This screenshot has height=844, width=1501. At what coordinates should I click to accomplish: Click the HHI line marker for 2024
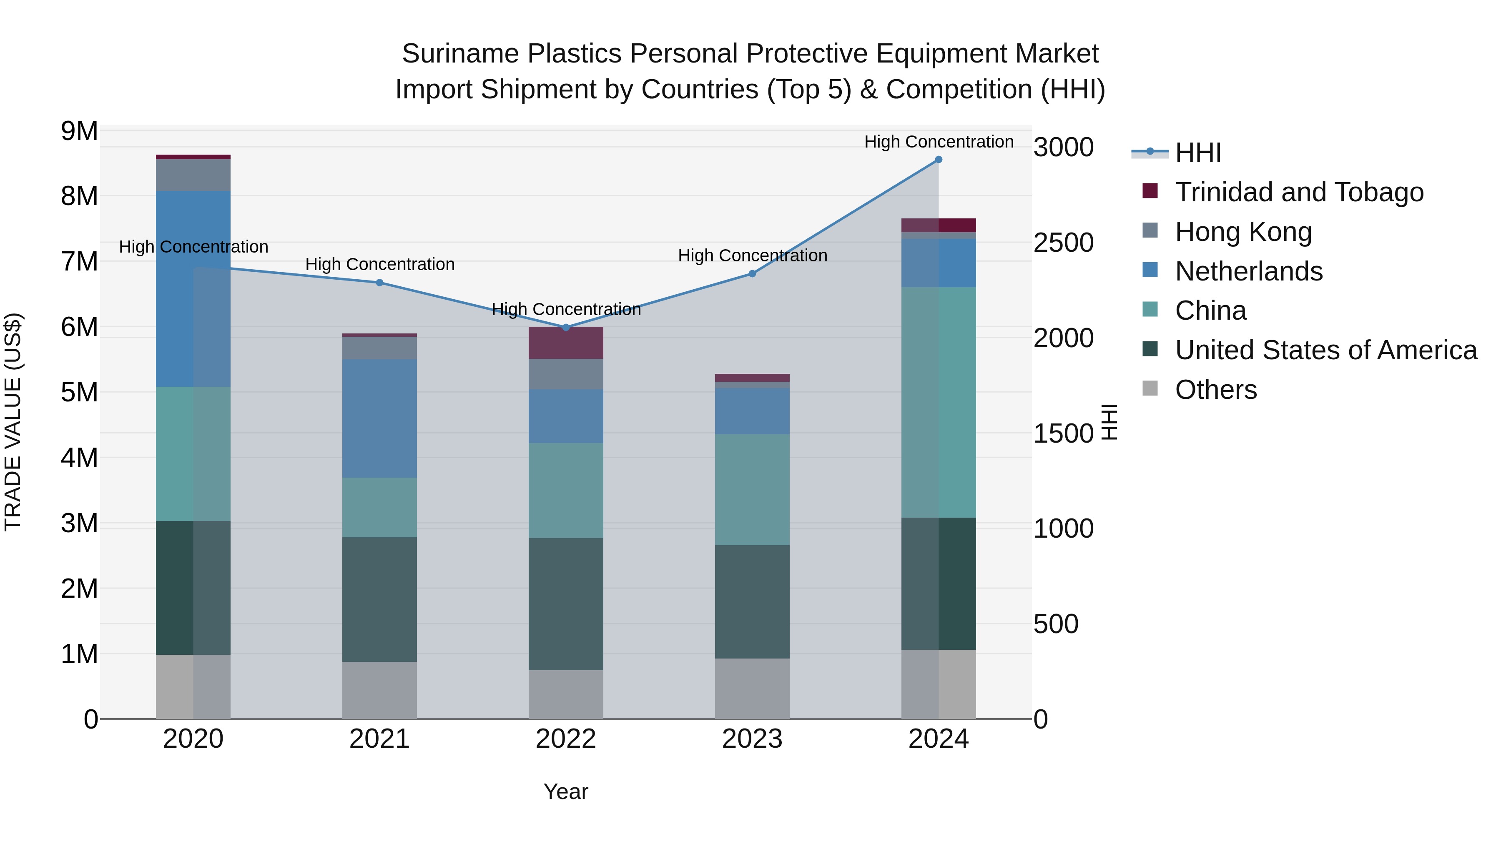(938, 160)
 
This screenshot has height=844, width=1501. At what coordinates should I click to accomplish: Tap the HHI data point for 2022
(566, 327)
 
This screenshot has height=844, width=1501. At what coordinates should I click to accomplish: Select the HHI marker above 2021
(379, 283)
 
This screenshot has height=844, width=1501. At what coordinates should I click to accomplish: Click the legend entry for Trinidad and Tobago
(1299, 192)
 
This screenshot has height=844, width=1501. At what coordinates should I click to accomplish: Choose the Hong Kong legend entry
(1243, 232)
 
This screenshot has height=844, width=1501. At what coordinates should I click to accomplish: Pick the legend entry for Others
(1215, 390)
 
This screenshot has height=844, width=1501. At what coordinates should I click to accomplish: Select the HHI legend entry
(1197, 153)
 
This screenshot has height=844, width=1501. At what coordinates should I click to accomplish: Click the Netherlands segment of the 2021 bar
(379, 418)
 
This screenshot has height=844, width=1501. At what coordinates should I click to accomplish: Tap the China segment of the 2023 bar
(752, 489)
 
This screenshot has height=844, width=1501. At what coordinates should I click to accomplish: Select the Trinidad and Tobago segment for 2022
(566, 343)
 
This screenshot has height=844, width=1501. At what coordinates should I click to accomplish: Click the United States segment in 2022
(566, 604)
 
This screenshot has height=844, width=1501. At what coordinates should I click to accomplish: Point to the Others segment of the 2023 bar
(752, 689)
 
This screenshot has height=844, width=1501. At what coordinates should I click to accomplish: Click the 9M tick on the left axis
(79, 132)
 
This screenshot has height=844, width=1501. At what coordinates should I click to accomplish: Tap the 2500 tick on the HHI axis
(1063, 243)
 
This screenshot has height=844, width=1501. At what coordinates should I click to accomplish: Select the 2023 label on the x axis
(752, 739)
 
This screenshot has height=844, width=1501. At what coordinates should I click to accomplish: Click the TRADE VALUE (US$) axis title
(13, 422)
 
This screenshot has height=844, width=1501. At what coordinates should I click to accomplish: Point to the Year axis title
(566, 791)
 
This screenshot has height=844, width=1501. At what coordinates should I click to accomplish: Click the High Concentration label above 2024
(938, 142)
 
